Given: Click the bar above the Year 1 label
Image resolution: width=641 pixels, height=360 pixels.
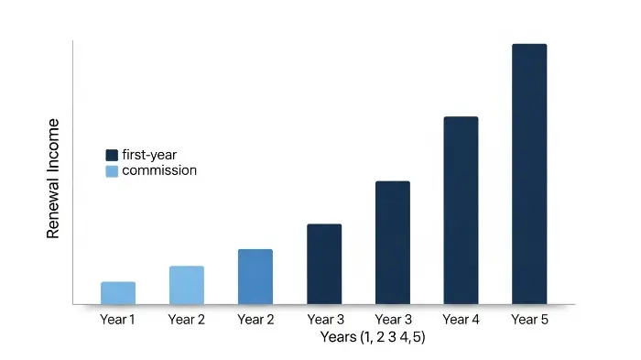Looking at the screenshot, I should pyautogui.click(x=118, y=292).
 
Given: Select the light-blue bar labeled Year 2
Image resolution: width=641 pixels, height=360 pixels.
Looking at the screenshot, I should pyautogui.click(x=187, y=285).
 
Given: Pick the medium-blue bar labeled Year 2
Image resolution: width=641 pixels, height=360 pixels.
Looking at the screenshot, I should pyautogui.click(x=255, y=276).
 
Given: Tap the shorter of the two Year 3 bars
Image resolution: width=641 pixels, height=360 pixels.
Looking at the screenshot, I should pyautogui.click(x=324, y=264).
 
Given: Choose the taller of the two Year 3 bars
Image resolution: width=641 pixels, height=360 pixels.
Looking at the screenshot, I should pyautogui.click(x=393, y=242).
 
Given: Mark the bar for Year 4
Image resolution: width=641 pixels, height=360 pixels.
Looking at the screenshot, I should pyautogui.click(x=462, y=210).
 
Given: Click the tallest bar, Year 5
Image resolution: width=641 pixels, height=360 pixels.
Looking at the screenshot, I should pyautogui.click(x=529, y=173).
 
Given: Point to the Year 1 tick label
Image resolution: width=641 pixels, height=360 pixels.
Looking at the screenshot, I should pyautogui.click(x=118, y=319).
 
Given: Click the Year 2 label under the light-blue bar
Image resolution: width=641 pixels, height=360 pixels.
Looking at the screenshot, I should pyautogui.click(x=187, y=319).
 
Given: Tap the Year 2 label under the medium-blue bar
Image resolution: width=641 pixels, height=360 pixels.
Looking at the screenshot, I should pyautogui.click(x=255, y=319).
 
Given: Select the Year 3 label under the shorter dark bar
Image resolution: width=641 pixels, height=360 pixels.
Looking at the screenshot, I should pyautogui.click(x=325, y=319).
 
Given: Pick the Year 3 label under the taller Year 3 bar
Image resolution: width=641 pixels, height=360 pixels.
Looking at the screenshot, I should pyautogui.click(x=394, y=319).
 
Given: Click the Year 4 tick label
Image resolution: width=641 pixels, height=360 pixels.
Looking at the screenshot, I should pyautogui.click(x=462, y=319).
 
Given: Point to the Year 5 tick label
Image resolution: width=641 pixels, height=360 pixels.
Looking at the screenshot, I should pyautogui.click(x=529, y=319).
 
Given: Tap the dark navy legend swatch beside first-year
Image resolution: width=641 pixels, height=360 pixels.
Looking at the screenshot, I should pyautogui.click(x=112, y=155).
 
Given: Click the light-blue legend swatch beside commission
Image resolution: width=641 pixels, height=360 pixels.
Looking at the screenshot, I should pyautogui.click(x=112, y=171).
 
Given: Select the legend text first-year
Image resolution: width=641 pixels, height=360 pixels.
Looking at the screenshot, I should pyautogui.click(x=149, y=155).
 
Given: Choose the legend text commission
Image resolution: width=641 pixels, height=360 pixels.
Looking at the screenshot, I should pyautogui.click(x=159, y=171).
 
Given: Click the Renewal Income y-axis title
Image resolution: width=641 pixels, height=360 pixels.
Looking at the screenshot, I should pyautogui.click(x=53, y=179).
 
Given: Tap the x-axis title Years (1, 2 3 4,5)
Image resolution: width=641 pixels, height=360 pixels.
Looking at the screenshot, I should pyautogui.click(x=373, y=337).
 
